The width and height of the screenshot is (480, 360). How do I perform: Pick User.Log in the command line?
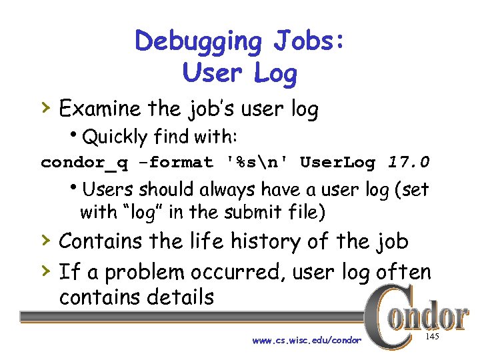337,162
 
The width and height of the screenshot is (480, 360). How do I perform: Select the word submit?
249,213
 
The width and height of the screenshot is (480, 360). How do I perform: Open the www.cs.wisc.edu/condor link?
307,340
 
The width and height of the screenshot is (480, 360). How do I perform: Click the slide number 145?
431,338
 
